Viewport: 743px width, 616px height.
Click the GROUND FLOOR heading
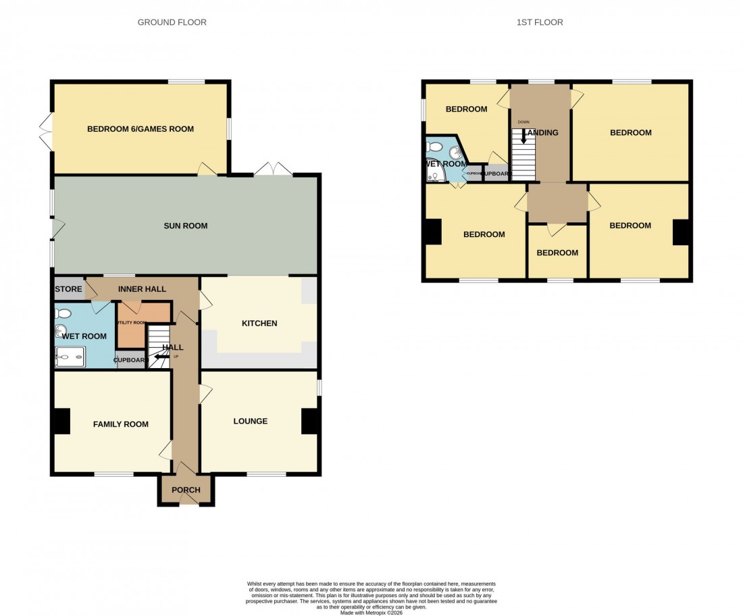[x=172, y=22]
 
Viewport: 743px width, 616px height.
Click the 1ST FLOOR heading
[x=540, y=22]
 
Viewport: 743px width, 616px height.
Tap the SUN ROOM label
[x=185, y=226]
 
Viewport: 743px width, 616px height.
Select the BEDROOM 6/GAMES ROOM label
[x=140, y=129]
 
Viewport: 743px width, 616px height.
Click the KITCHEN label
[x=259, y=324]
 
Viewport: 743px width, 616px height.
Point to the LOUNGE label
[x=251, y=421]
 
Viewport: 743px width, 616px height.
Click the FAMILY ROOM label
[x=121, y=424]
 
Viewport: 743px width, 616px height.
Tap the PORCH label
[x=186, y=490]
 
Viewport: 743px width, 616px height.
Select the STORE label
[x=68, y=289]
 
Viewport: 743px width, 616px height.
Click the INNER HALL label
[x=142, y=289]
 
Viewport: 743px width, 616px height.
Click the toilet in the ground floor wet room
[x=63, y=313]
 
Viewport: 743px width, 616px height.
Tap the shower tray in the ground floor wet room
[x=70, y=357]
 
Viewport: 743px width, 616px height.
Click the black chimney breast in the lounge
[x=310, y=421]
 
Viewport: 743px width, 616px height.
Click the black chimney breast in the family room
[x=61, y=421]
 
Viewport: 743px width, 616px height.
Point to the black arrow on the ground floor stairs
[x=161, y=357]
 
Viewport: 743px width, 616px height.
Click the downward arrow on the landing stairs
[x=522, y=136]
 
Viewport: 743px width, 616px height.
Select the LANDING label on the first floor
[x=542, y=133]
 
